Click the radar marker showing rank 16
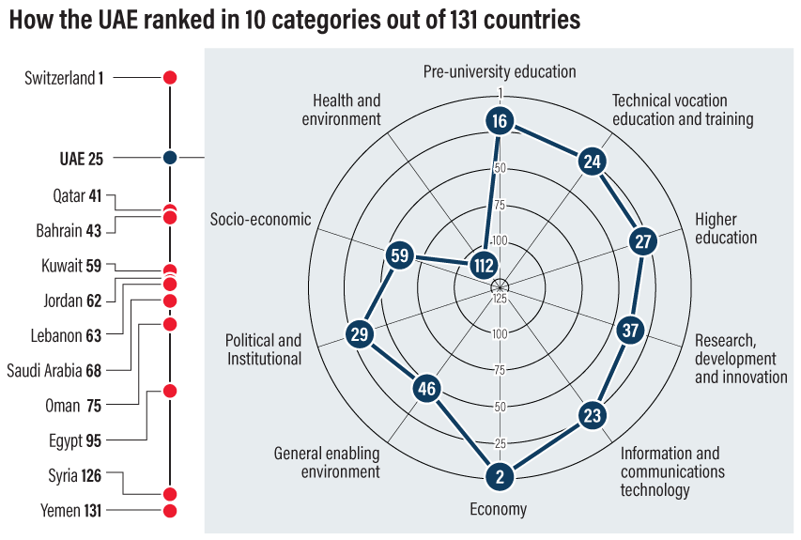tap(500, 120)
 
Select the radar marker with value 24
tap(591, 162)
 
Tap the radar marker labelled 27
tap(642, 241)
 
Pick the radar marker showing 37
tap(630, 331)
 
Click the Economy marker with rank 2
tap(500, 477)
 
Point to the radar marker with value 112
tap(485, 266)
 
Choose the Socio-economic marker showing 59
tap(400, 255)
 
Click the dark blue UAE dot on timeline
tap(170, 158)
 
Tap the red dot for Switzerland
tap(170, 78)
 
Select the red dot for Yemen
tap(170, 511)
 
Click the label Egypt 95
tap(76, 439)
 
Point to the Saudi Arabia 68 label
tap(54, 370)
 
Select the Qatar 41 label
tap(77, 196)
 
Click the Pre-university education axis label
tap(499, 71)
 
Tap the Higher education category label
tap(726, 228)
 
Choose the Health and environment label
tap(347, 109)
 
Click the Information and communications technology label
tap(670, 471)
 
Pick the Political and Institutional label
tap(263, 349)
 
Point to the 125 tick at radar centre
tap(500, 299)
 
